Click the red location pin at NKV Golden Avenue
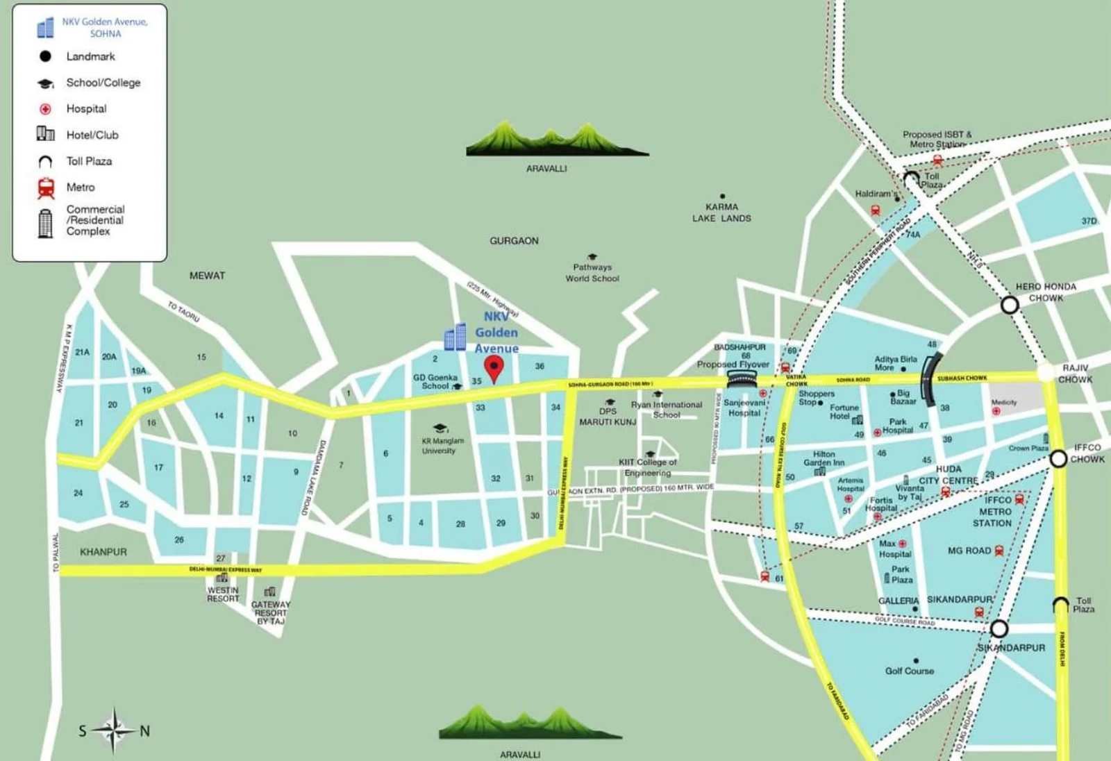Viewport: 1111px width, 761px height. click(494, 368)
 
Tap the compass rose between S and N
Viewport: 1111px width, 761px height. click(113, 730)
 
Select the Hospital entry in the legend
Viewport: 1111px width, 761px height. click(86, 109)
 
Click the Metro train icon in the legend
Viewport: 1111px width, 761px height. click(46, 187)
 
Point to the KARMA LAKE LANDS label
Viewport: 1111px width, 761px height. click(721, 212)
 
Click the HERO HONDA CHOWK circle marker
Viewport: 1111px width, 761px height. click(1010, 304)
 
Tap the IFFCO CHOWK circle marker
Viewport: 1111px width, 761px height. click(1058, 458)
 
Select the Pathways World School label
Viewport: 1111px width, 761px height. click(592, 272)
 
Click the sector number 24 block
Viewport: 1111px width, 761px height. click(78, 493)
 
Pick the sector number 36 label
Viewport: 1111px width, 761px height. click(540, 366)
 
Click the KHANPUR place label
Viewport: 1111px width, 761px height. click(103, 552)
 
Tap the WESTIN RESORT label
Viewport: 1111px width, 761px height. click(223, 594)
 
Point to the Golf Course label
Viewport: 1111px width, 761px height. click(909, 671)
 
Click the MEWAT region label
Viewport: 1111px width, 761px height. click(207, 276)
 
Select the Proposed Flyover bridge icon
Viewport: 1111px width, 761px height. click(742, 378)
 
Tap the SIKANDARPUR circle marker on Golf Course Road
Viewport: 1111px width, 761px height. click(999, 628)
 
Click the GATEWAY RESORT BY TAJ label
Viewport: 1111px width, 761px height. click(271, 612)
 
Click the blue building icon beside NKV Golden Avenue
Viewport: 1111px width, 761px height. click(456, 337)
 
